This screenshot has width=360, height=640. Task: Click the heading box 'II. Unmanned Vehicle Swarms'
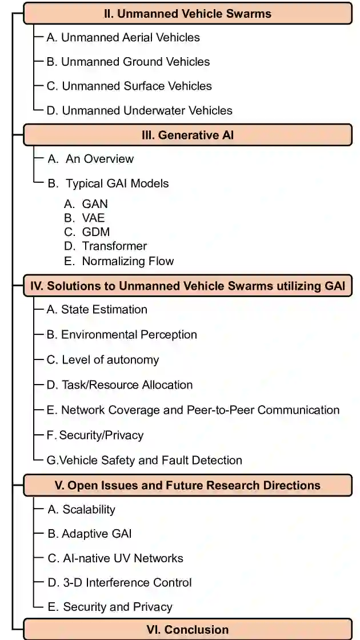pyautogui.click(x=187, y=13)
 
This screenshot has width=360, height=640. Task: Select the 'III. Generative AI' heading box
pyautogui.click(x=187, y=135)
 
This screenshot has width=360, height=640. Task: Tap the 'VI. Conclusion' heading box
pyautogui.click(x=187, y=630)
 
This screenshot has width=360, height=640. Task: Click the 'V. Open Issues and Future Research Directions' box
pyautogui.click(x=187, y=485)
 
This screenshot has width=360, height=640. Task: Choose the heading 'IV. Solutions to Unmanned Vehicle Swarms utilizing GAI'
pyautogui.click(x=187, y=286)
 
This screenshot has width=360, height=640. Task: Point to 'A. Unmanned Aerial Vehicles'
pyautogui.click(x=123, y=38)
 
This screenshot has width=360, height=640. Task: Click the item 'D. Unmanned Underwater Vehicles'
pyautogui.click(x=139, y=110)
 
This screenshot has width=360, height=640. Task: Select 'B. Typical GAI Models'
pyautogui.click(x=108, y=183)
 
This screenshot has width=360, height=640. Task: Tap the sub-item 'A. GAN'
pyautogui.click(x=86, y=204)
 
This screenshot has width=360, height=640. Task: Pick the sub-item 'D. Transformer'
pyautogui.click(x=106, y=246)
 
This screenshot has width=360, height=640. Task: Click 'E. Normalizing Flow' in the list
pyautogui.click(x=119, y=261)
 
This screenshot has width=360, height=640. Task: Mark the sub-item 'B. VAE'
pyautogui.click(x=85, y=218)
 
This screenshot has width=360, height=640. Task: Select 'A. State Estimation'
pyautogui.click(x=97, y=310)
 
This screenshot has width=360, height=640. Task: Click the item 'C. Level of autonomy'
pyautogui.click(x=103, y=360)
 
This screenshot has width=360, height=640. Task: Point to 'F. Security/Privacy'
pyautogui.click(x=95, y=435)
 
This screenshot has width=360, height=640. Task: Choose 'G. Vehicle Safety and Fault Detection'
pyautogui.click(x=145, y=461)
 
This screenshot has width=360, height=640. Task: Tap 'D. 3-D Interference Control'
pyautogui.click(x=119, y=583)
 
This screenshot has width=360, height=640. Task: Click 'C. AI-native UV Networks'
pyautogui.click(x=115, y=558)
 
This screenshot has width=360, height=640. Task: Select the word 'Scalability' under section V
pyautogui.click(x=89, y=510)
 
